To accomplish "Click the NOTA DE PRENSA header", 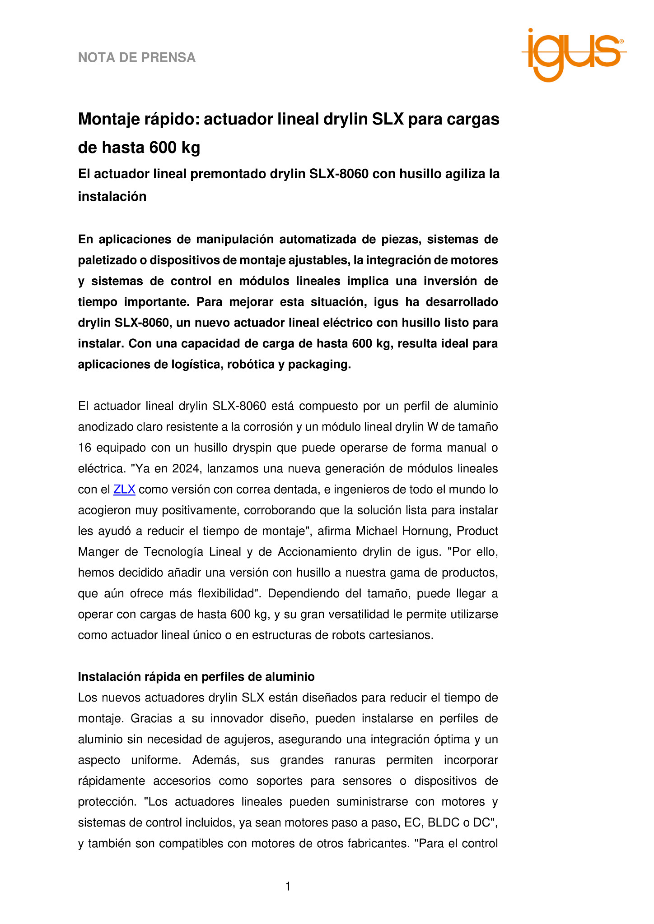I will pyautogui.click(x=137, y=58).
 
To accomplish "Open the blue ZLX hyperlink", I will pyautogui.click(x=124, y=490).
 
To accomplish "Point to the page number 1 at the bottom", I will pyautogui.click(x=288, y=887).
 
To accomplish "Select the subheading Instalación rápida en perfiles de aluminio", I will pyautogui.click(x=196, y=677).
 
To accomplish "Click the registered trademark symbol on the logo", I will pyautogui.click(x=621, y=41).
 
